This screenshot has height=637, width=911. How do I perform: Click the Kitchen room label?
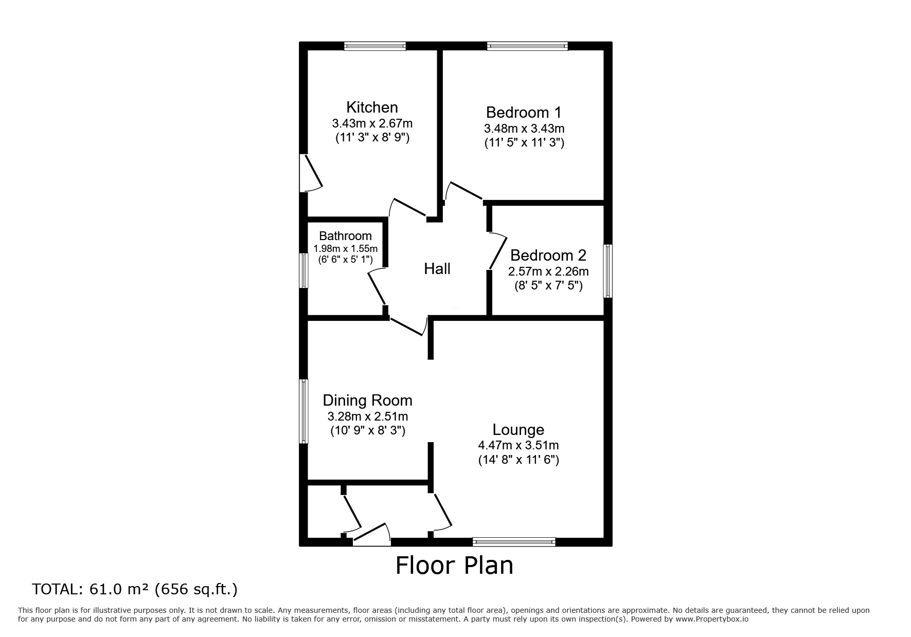pyautogui.click(x=372, y=107)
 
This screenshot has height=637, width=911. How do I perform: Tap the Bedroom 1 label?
pyautogui.click(x=524, y=112)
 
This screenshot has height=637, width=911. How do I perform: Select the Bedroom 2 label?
pyautogui.click(x=548, y=255)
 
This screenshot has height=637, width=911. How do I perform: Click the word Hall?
pyautogui.click(x=437, y=268)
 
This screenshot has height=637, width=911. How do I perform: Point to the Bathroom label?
pyautogui.click(x=345, y=236)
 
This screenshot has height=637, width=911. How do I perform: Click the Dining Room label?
pyautogui.click(x=367, y=400)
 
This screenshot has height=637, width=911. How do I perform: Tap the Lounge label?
pyautogui.click(x=518, y=429)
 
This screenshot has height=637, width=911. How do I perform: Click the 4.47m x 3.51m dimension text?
pyautogui.click(x=518, y=445)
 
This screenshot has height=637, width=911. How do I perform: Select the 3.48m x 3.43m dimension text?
pyautogui.click(x=524, y=128)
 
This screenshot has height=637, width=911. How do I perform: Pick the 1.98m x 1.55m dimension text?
pyautogui.click(x=345, y=248)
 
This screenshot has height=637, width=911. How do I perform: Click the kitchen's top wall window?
pyautogui.click(x=374, y=46)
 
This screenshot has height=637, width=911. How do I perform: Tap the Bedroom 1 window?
pyautogui.click(x=527, y=46)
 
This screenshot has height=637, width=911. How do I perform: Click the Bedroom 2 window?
pyautogui.click(x=608, y=271)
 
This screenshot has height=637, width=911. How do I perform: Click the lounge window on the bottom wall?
pyautogui.click(x=514, y=541)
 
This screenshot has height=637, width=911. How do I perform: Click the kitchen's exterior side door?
pyautogui.click(x=311, y=173)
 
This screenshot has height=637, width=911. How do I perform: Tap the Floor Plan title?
pyautogui.click(x=454, y=566)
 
